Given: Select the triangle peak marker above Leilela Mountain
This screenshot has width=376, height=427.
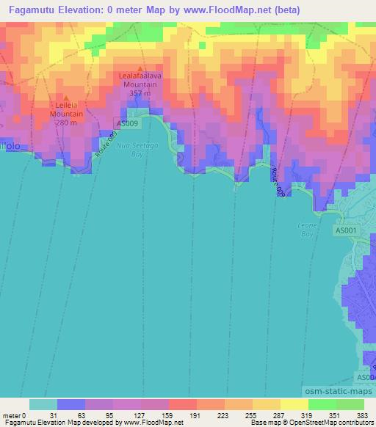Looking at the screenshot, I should (66, 98).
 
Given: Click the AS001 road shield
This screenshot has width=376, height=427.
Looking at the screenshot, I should (347, 230).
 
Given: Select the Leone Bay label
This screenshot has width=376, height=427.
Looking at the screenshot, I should (306, 230).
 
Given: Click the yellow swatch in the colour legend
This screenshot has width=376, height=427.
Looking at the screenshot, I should (294, 404).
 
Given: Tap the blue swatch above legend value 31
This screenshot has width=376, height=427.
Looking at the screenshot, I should (71, 404).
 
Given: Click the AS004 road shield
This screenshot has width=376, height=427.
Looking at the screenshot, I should (366, 376).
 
